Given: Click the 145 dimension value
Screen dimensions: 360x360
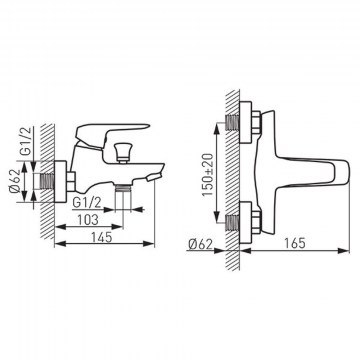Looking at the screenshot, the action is [102, 236].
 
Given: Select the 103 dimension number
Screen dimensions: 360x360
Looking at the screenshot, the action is [88, 220].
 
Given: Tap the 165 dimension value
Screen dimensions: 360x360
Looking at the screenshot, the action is [295, 243].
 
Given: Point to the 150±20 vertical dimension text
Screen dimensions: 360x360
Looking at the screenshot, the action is [207, 175].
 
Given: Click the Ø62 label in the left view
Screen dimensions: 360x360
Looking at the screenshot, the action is [19, 181].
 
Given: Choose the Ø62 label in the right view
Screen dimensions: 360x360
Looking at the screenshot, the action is [200, 244].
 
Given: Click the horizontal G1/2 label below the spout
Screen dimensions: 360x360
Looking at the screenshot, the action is [87, 203].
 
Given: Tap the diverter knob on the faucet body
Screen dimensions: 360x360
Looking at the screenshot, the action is [122, 153].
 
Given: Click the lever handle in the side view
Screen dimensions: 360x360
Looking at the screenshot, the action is [112, 133].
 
